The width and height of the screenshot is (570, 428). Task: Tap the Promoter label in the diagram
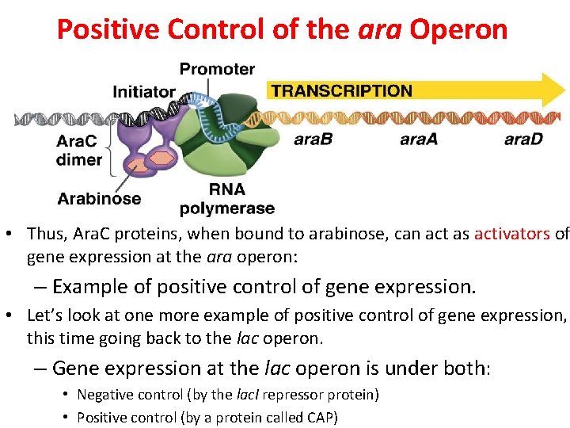click(217, 69)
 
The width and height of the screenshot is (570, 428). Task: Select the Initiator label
click(144, 91)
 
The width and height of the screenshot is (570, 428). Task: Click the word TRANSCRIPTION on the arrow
click(341, 90)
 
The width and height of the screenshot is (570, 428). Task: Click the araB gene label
click(313, 139)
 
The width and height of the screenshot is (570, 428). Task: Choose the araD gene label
click(524, 139)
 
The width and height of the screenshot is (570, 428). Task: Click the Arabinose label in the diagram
click(99, 198)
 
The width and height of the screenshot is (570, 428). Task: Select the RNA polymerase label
click(226, 199)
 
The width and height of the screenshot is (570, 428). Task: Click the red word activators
click(512, 234)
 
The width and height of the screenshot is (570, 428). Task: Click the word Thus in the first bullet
click(42, 234)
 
